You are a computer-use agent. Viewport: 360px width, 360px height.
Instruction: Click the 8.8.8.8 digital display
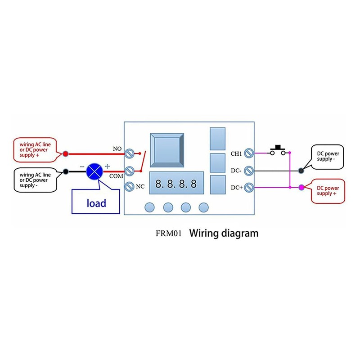click(176, 184)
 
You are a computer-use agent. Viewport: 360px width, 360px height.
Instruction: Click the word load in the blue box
click(96, 203)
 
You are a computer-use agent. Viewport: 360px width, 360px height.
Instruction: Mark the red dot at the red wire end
click(66, 154)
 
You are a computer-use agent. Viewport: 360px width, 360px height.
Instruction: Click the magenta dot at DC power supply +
click(301, 187)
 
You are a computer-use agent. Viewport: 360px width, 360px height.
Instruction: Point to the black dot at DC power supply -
click(301, 171)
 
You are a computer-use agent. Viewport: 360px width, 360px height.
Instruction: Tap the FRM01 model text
click(169, 234)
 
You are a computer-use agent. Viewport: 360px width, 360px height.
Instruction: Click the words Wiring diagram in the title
click(224, 233)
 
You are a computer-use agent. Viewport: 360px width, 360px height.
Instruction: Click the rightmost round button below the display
click(204, 207)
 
